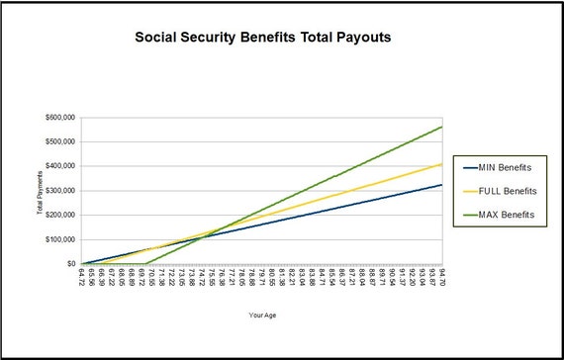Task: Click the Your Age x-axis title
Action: point(262,316)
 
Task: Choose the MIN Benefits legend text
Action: point(505,168)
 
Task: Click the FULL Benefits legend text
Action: point(506,191)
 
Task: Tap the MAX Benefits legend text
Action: point(506,214)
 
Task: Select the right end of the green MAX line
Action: point(441,127)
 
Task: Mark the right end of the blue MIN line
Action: point(441,185)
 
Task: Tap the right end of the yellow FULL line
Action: point(441,164)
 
